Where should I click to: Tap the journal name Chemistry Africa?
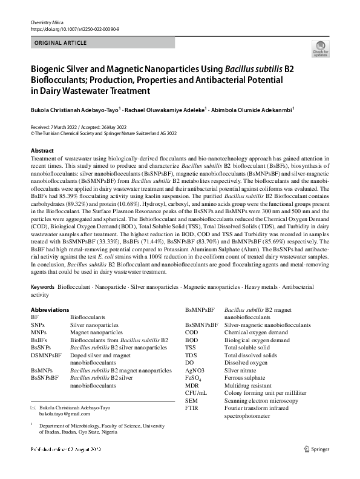pyautogui.click(x=47, y=22)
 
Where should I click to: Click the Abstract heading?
pyautogui.click(x=42, y=150)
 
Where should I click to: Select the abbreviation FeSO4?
pyautogui.click(x=194, y=378)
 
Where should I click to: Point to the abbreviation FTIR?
pyautogui.click(x=191, y=409)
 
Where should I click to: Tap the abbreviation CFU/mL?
pyautogui.click(x=197, y=393)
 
